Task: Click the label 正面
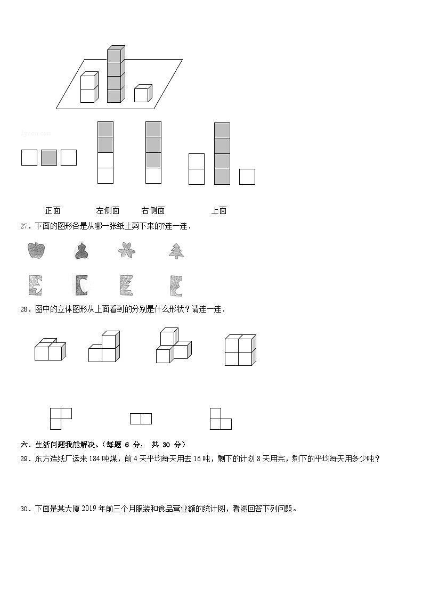coord(53,210)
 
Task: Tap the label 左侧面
coord(108,210)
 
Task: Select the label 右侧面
coord(153,210)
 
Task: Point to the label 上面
coord(219,210)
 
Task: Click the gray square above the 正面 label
coord(49,158)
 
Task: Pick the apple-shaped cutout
coord(36,250)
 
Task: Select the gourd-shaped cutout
coord(81,251)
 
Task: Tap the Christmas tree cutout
coord(176,250)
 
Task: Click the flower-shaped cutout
coord(127,250)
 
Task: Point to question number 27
coord(25,226)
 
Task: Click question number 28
coord(25,309)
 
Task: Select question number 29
coord(25,458)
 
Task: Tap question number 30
coord(25,509)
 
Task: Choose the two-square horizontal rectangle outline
coord(141,419)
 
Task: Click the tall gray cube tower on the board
coord(115,75)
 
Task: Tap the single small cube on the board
coord(142,94)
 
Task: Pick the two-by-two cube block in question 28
coord(240,350)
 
